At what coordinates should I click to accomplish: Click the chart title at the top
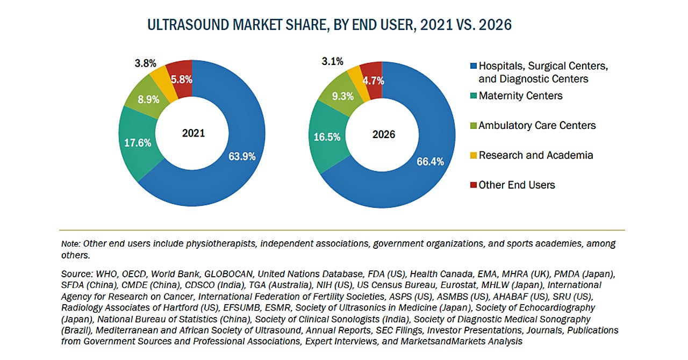329,25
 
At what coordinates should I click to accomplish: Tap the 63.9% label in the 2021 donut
242,156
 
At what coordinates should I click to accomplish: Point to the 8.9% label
149,99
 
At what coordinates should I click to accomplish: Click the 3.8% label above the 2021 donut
145,63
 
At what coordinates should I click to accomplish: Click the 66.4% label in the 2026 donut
430,161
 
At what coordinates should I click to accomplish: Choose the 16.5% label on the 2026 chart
327,137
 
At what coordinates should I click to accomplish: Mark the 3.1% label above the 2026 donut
332,61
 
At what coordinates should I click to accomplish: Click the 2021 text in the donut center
193,133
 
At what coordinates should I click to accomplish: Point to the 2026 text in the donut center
383,134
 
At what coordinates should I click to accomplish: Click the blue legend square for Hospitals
473,66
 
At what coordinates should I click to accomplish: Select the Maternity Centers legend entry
520,96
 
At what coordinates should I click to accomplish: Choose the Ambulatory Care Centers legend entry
537,125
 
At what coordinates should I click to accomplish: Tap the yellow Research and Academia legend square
473,155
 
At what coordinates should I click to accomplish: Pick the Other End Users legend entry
517,185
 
